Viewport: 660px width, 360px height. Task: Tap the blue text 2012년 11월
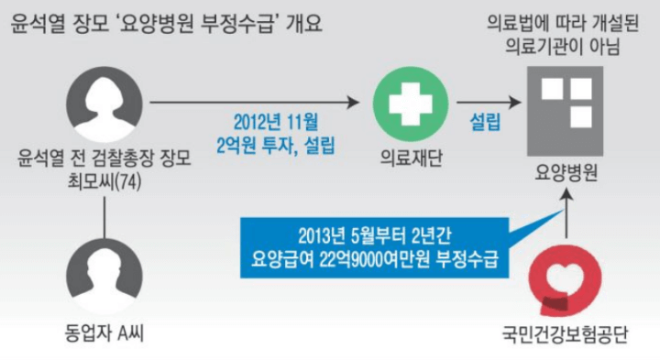274,121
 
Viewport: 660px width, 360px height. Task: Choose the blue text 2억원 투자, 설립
274,144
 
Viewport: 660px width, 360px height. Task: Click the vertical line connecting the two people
106,221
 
